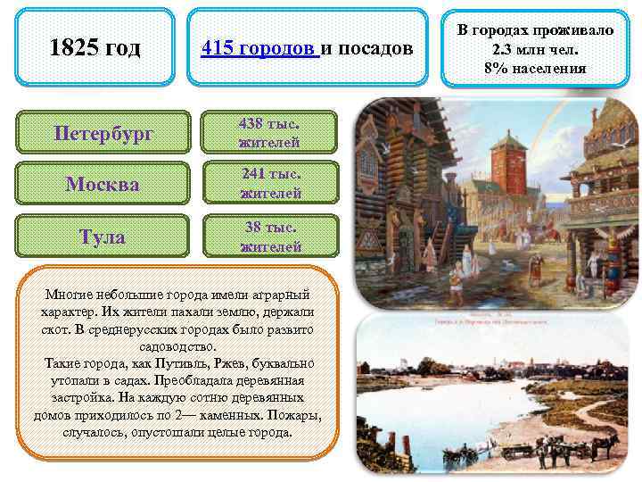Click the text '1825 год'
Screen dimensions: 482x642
click(95, 47)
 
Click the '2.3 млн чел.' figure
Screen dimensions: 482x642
click(536, 49)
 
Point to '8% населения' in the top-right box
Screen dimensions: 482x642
click(536, 68)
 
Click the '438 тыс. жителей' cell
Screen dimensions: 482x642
click(269, 133)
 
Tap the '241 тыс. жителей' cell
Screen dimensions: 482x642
click(270, 185)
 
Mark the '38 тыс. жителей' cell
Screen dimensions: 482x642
click(270, 237)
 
